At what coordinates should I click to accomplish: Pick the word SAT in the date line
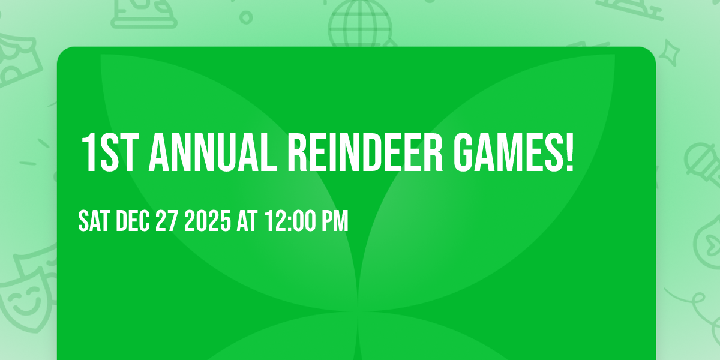[x=94, y=221]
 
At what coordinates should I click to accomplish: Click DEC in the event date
[x=133, y=221]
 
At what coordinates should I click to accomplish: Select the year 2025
[x=208, y=221]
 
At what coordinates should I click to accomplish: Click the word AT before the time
[x=247, y=221]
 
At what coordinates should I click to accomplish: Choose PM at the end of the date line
[x=335, y=221]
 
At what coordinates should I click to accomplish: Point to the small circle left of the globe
[x=246, y=17]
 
